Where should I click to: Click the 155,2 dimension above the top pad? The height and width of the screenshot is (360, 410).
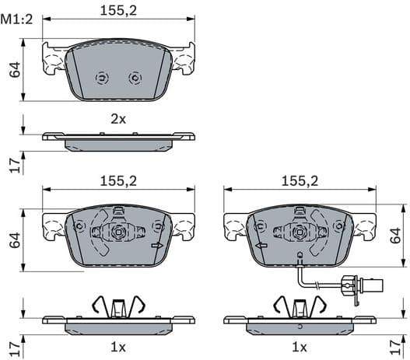coord(117,10)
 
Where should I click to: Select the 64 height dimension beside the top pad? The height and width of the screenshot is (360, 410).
coord(14,69)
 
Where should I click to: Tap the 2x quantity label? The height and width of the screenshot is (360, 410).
coord(117,119)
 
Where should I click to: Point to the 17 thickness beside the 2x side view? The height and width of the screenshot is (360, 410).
coord(14,163)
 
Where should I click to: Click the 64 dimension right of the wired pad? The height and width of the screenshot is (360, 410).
coord(396,236)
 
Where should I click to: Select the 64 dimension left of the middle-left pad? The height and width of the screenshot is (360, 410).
coord(14,239)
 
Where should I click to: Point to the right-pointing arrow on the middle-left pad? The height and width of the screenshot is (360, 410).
coord(157,246)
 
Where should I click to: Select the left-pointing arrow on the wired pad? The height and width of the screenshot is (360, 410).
coord(261,246)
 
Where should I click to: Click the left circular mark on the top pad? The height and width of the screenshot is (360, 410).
coord(101,78)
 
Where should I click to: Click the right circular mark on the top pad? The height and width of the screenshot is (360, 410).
coord(134,78)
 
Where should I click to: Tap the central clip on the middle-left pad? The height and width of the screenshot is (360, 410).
coord(117,231)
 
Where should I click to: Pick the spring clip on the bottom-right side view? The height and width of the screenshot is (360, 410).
coord(300,305)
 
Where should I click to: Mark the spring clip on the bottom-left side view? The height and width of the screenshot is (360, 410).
coord(117,305)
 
